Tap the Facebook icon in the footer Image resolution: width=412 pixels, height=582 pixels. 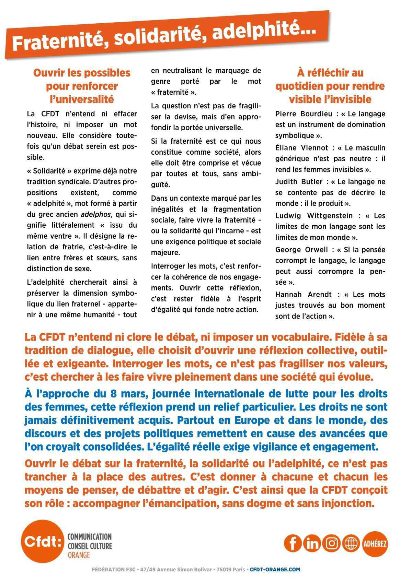293,543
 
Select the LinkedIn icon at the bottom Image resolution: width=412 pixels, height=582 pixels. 312,543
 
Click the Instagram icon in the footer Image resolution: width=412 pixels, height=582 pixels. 332,543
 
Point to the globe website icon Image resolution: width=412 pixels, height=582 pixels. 351,543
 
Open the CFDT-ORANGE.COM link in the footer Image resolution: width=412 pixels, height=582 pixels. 275,569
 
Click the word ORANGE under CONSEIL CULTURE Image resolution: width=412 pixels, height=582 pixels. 79,555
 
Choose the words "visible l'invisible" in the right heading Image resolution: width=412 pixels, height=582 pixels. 330,99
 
